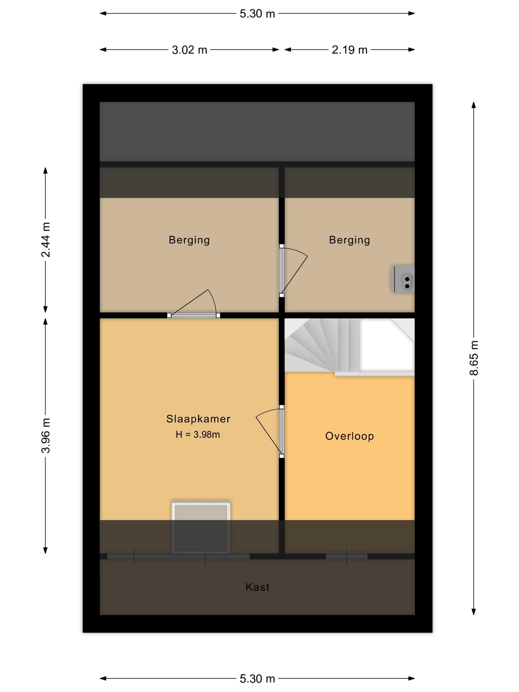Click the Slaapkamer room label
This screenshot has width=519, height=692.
(198, 419)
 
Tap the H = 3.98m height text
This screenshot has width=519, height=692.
(198, 435)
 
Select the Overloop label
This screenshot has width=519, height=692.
(349, 436)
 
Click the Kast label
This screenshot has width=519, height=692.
(257, 587)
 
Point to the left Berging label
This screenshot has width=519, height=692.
(189, 240)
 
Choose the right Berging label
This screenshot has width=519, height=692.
(349, 240)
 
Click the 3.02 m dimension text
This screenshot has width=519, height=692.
(190, 50)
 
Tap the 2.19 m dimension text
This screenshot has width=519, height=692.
(350, 50)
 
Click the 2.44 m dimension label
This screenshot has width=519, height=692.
(46, 240)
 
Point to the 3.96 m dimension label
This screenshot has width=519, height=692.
(46, 435)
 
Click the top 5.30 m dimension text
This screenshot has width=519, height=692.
(257, 14)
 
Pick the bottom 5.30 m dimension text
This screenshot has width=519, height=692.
(257, 679)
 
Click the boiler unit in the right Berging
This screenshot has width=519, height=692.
(403, 279)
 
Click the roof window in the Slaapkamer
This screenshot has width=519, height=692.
(201, 527)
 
